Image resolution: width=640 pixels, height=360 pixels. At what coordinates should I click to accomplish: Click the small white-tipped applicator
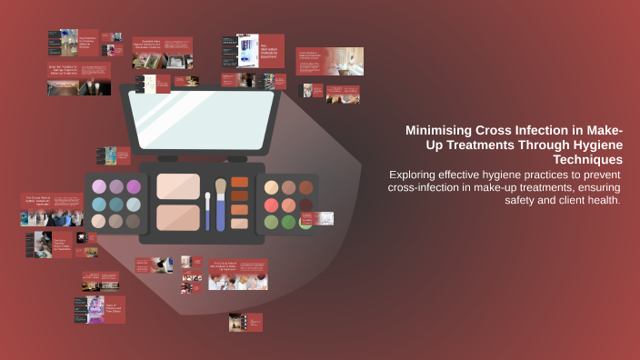click(207, 209)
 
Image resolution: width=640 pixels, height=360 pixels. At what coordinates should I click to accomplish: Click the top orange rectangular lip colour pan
click(239, 182)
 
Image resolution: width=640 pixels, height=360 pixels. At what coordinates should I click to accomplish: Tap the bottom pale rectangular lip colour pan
click(239, 223)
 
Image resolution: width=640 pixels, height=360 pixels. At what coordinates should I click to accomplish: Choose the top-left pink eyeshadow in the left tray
click(99, 186)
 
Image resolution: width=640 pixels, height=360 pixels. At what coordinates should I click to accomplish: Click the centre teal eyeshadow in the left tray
click(116, 204)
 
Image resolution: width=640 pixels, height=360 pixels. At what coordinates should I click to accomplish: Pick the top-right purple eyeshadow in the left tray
click(134, 186)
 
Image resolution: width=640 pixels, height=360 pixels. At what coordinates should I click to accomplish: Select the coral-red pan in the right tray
click(272, 205)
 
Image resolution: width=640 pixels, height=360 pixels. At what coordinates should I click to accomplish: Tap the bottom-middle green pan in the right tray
click(288, 222)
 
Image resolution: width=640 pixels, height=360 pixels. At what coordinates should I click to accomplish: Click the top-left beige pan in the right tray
click(271, 187)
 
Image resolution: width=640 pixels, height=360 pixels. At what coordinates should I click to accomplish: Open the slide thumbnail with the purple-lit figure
click(99, 310)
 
